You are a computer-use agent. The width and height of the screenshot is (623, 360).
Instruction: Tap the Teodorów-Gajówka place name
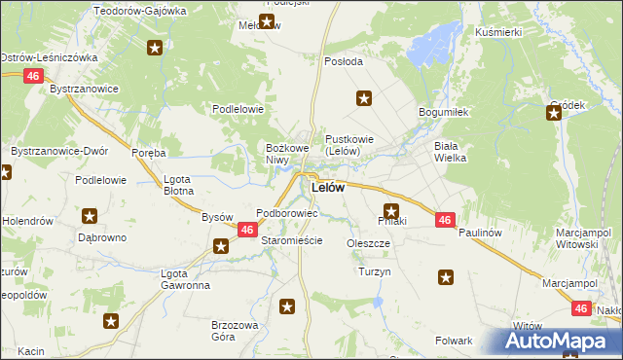[139, 11]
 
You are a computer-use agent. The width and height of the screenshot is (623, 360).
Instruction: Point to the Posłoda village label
[343, 60]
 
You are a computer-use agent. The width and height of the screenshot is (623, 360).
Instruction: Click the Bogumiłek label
[444, 113]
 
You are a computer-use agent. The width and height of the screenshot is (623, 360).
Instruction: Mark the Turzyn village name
[374, 271]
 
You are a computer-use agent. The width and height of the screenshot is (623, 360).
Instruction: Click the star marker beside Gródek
[554, 114]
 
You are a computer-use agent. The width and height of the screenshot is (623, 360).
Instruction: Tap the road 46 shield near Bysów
[247, 230]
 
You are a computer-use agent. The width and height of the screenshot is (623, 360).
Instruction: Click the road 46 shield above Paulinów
[444, 220]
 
